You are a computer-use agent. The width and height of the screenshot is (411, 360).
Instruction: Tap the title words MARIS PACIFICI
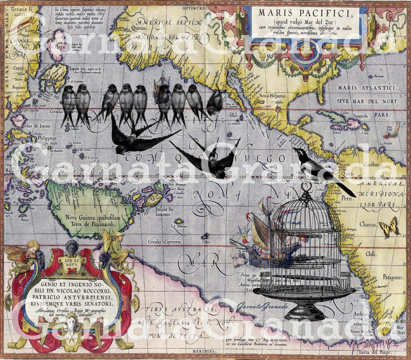[x=306, y=13]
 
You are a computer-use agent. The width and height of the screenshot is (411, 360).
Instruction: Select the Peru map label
[x=348, y=199]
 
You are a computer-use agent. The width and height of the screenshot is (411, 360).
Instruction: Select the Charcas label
[x=368, y=225]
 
